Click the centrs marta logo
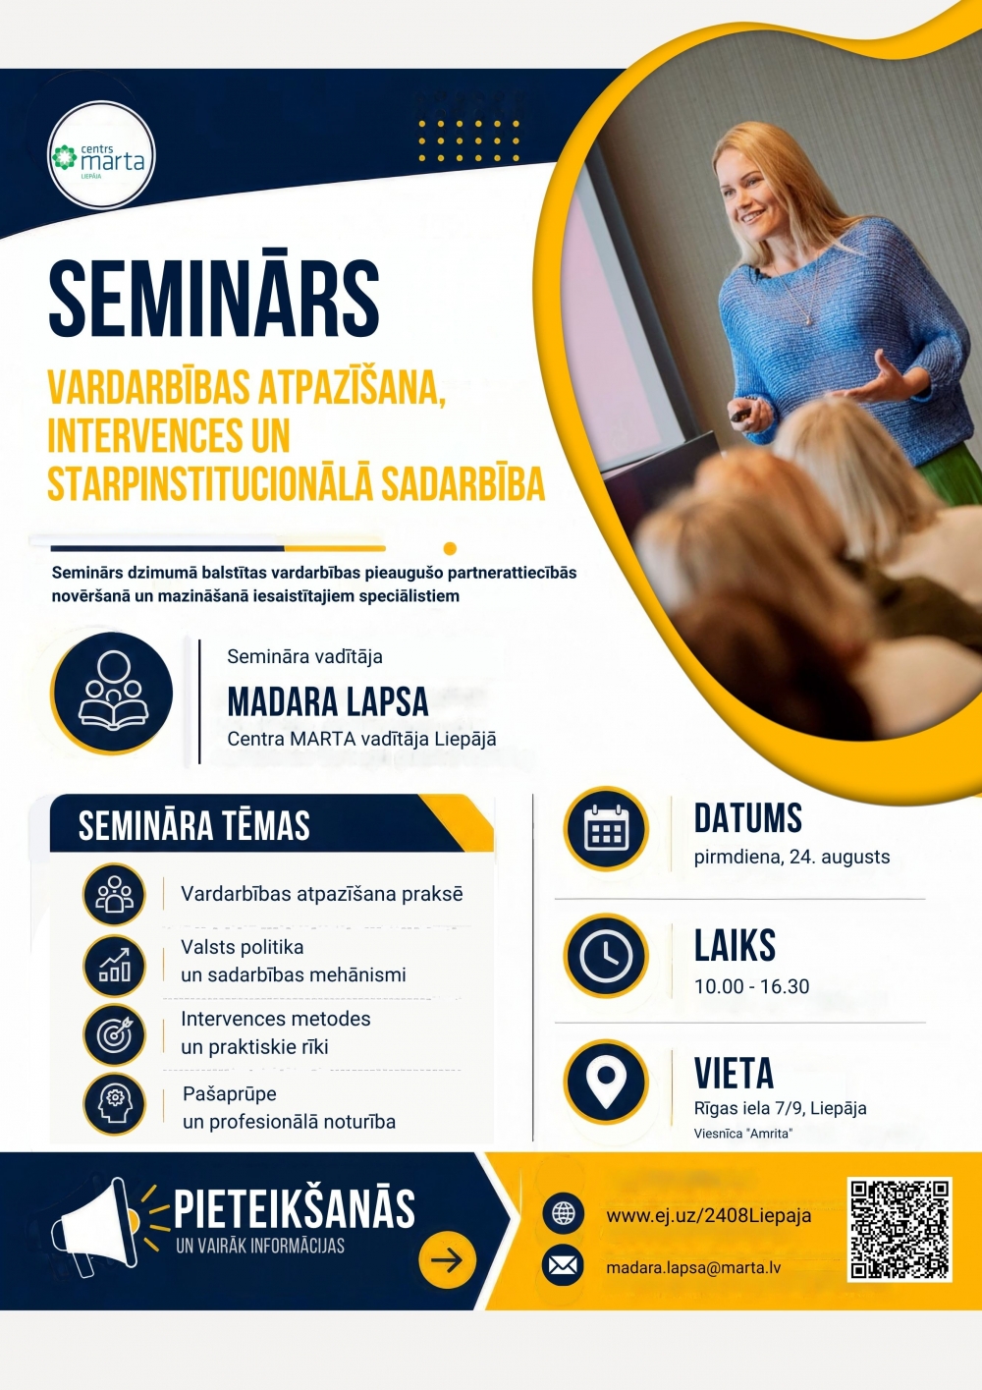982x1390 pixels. click(x=101, y=155)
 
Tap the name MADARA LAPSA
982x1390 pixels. click(x=328, y=701)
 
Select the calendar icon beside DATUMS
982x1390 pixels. click(x=606, y=828)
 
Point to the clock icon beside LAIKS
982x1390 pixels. click(x=606, y=956)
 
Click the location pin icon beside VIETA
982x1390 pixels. click(x=606, y=1083)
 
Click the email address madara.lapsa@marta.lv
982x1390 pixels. click(x=693, y=1267)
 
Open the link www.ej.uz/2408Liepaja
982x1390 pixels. click(x=708, y=1215)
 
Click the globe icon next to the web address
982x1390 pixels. click(x=564, y=1213)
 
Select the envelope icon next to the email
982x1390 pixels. click(x=564, y=1265)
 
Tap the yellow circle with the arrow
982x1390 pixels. click(x=447, y=1260)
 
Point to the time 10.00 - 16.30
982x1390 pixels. click(x=751, y=986)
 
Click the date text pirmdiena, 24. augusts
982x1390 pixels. click(x=791, y=857)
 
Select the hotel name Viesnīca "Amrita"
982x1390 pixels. click(x=743, y=1134)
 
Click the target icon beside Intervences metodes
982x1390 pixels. click(x=114, y=1034)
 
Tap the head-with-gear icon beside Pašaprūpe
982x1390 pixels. click(x=114, y=1104)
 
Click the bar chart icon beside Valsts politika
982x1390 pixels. click(x=114, y=966)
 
